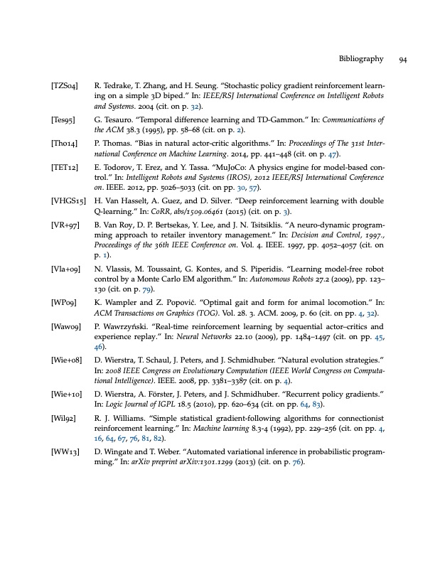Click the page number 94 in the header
point(402,59)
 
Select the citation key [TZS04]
point(65,85)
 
